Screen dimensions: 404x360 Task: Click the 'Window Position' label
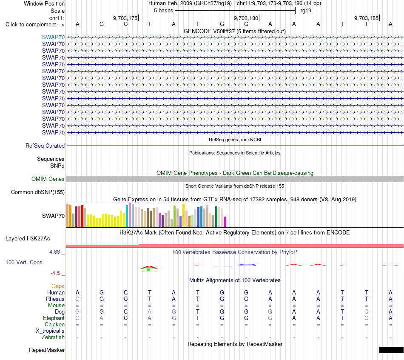coord(44,3)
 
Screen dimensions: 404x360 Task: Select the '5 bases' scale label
coord(163,11)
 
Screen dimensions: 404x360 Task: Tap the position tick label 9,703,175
coord(125,18)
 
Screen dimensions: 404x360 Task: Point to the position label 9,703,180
coord(246,18)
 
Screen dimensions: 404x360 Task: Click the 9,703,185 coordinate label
coord(367,18)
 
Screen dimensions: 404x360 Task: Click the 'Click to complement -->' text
coord(35,25)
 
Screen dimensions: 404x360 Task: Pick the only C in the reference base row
coord(125,24)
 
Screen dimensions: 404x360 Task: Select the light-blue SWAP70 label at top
coord(53,37)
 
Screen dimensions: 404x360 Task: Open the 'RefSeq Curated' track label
coord(45,146)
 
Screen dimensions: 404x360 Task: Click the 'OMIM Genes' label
coord(48,179)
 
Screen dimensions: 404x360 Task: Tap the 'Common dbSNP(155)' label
coord(38,192)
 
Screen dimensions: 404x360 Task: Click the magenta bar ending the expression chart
coord(225,222)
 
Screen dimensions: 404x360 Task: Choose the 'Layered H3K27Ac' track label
coord(28,239)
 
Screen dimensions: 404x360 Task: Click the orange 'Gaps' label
coord(58,286)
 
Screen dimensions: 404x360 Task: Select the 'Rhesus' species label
coord(55,299)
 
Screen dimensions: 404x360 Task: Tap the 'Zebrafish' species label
coord(53,337)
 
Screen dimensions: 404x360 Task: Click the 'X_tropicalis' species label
coord(50,331)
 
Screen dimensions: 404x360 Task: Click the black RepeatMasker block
coord(391,350)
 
